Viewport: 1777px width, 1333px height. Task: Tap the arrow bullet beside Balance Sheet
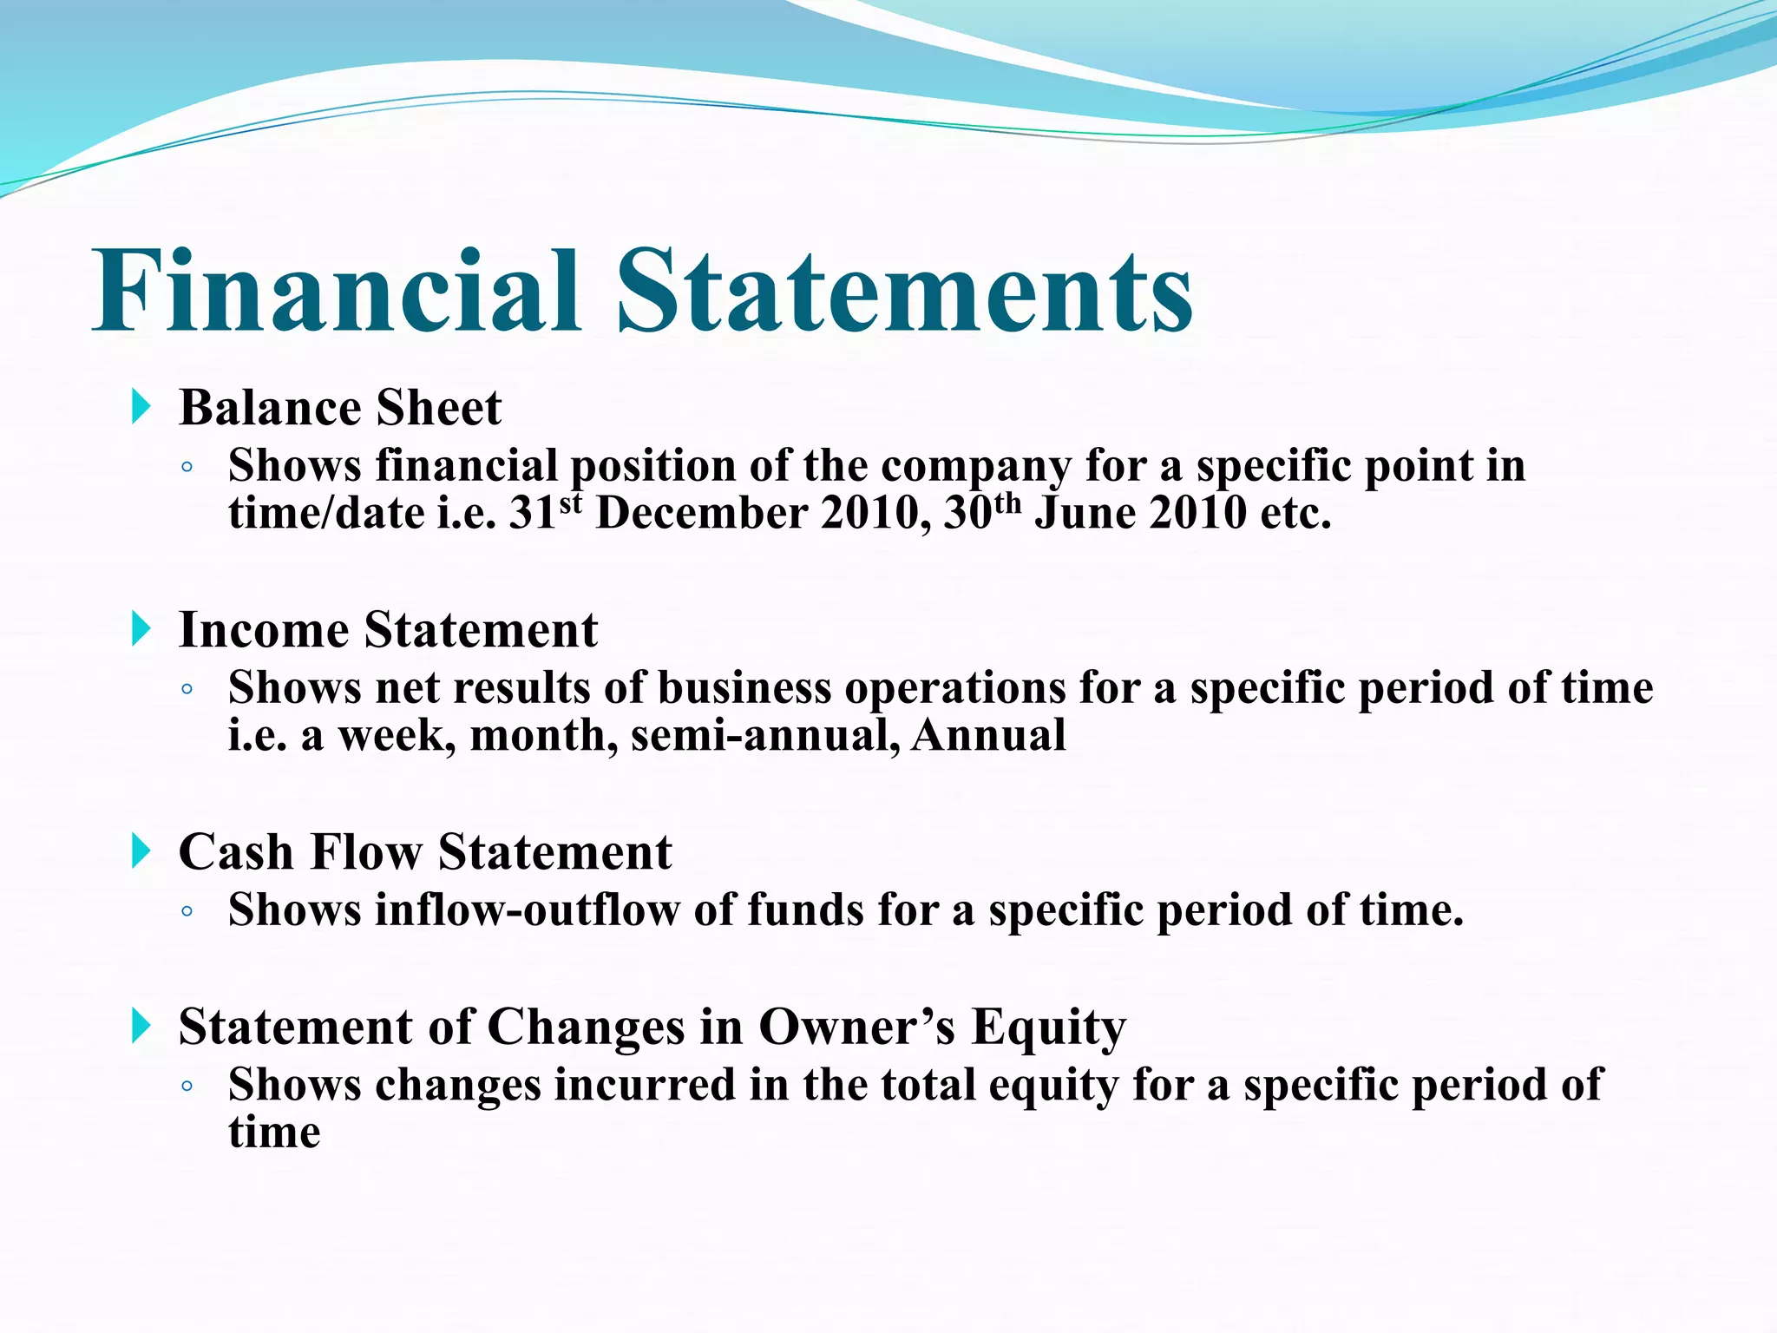(x=141, y=406)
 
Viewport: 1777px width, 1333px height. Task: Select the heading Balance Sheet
(x=340, y=408)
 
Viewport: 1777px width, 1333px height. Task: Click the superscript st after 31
(x=570, y=502)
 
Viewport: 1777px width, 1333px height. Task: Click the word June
(x=1085, y=514)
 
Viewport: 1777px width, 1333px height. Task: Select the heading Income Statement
(x=388, y=630)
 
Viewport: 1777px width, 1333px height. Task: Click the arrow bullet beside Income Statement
(x=141, y=628)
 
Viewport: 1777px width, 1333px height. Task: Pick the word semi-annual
(x=765, y=736)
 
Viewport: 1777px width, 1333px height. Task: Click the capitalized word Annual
(x=988, y=736)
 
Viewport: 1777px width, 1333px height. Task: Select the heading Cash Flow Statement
(x=425, y=852)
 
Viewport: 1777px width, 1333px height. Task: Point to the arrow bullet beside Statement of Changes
(x=141, y=1026)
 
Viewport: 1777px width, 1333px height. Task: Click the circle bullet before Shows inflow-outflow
(x=187, y=912)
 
